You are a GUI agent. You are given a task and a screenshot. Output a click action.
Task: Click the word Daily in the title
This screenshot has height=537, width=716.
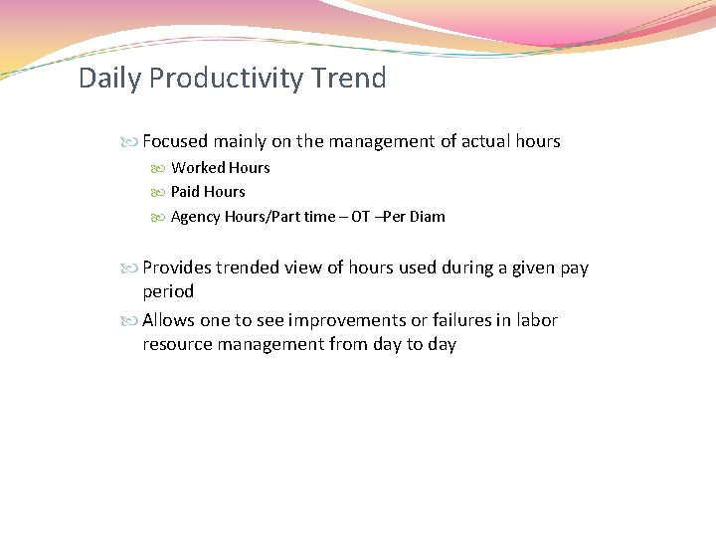coord(110,78)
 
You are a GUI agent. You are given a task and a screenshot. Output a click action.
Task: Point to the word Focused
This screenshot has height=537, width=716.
coord(176,141)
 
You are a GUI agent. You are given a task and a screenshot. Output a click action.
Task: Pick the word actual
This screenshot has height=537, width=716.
coord(484,141)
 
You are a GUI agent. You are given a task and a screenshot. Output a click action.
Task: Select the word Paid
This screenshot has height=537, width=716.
coord(186,192)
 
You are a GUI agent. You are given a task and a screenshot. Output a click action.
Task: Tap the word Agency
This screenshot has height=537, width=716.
coord(196,217)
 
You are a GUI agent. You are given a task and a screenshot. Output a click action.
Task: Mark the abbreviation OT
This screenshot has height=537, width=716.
coord(361,217)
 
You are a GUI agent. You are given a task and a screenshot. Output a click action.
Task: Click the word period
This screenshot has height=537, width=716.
coord(168,291)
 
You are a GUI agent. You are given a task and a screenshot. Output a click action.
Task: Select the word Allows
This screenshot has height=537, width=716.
coord(169,320)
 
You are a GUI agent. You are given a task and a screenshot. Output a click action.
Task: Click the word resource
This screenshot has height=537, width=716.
coord(175,344)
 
